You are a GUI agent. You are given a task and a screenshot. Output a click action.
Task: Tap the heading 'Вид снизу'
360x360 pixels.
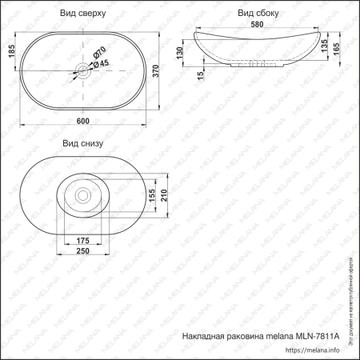84,143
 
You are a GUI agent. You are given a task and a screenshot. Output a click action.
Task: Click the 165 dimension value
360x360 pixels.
336,49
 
